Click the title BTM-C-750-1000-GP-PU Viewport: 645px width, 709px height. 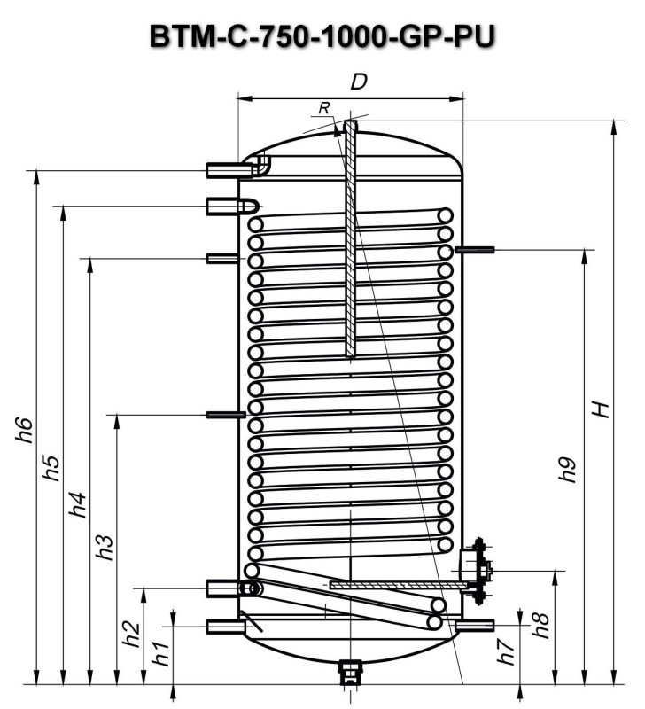coord(322,37)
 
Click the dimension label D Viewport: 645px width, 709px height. coord(359,82)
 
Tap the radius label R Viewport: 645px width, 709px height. coord(325,107)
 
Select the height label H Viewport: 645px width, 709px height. coord(602,409)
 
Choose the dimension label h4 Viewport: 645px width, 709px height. coord(79,503)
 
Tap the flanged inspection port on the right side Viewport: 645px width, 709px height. coord(477,572)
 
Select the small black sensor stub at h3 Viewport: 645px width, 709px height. coord(225,414)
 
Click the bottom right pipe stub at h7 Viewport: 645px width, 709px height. coord(474,627)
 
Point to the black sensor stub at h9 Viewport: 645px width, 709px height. coord(475,251)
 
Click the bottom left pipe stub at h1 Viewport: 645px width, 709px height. coord(225,627)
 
